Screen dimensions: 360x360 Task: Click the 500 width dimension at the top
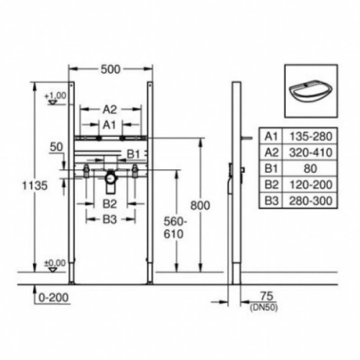coord(109,70)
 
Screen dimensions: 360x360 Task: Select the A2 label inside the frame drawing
coord(109,109)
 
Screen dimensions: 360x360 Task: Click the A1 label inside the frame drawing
coord(109,124)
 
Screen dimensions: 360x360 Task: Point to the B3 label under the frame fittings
coord(109,218)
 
